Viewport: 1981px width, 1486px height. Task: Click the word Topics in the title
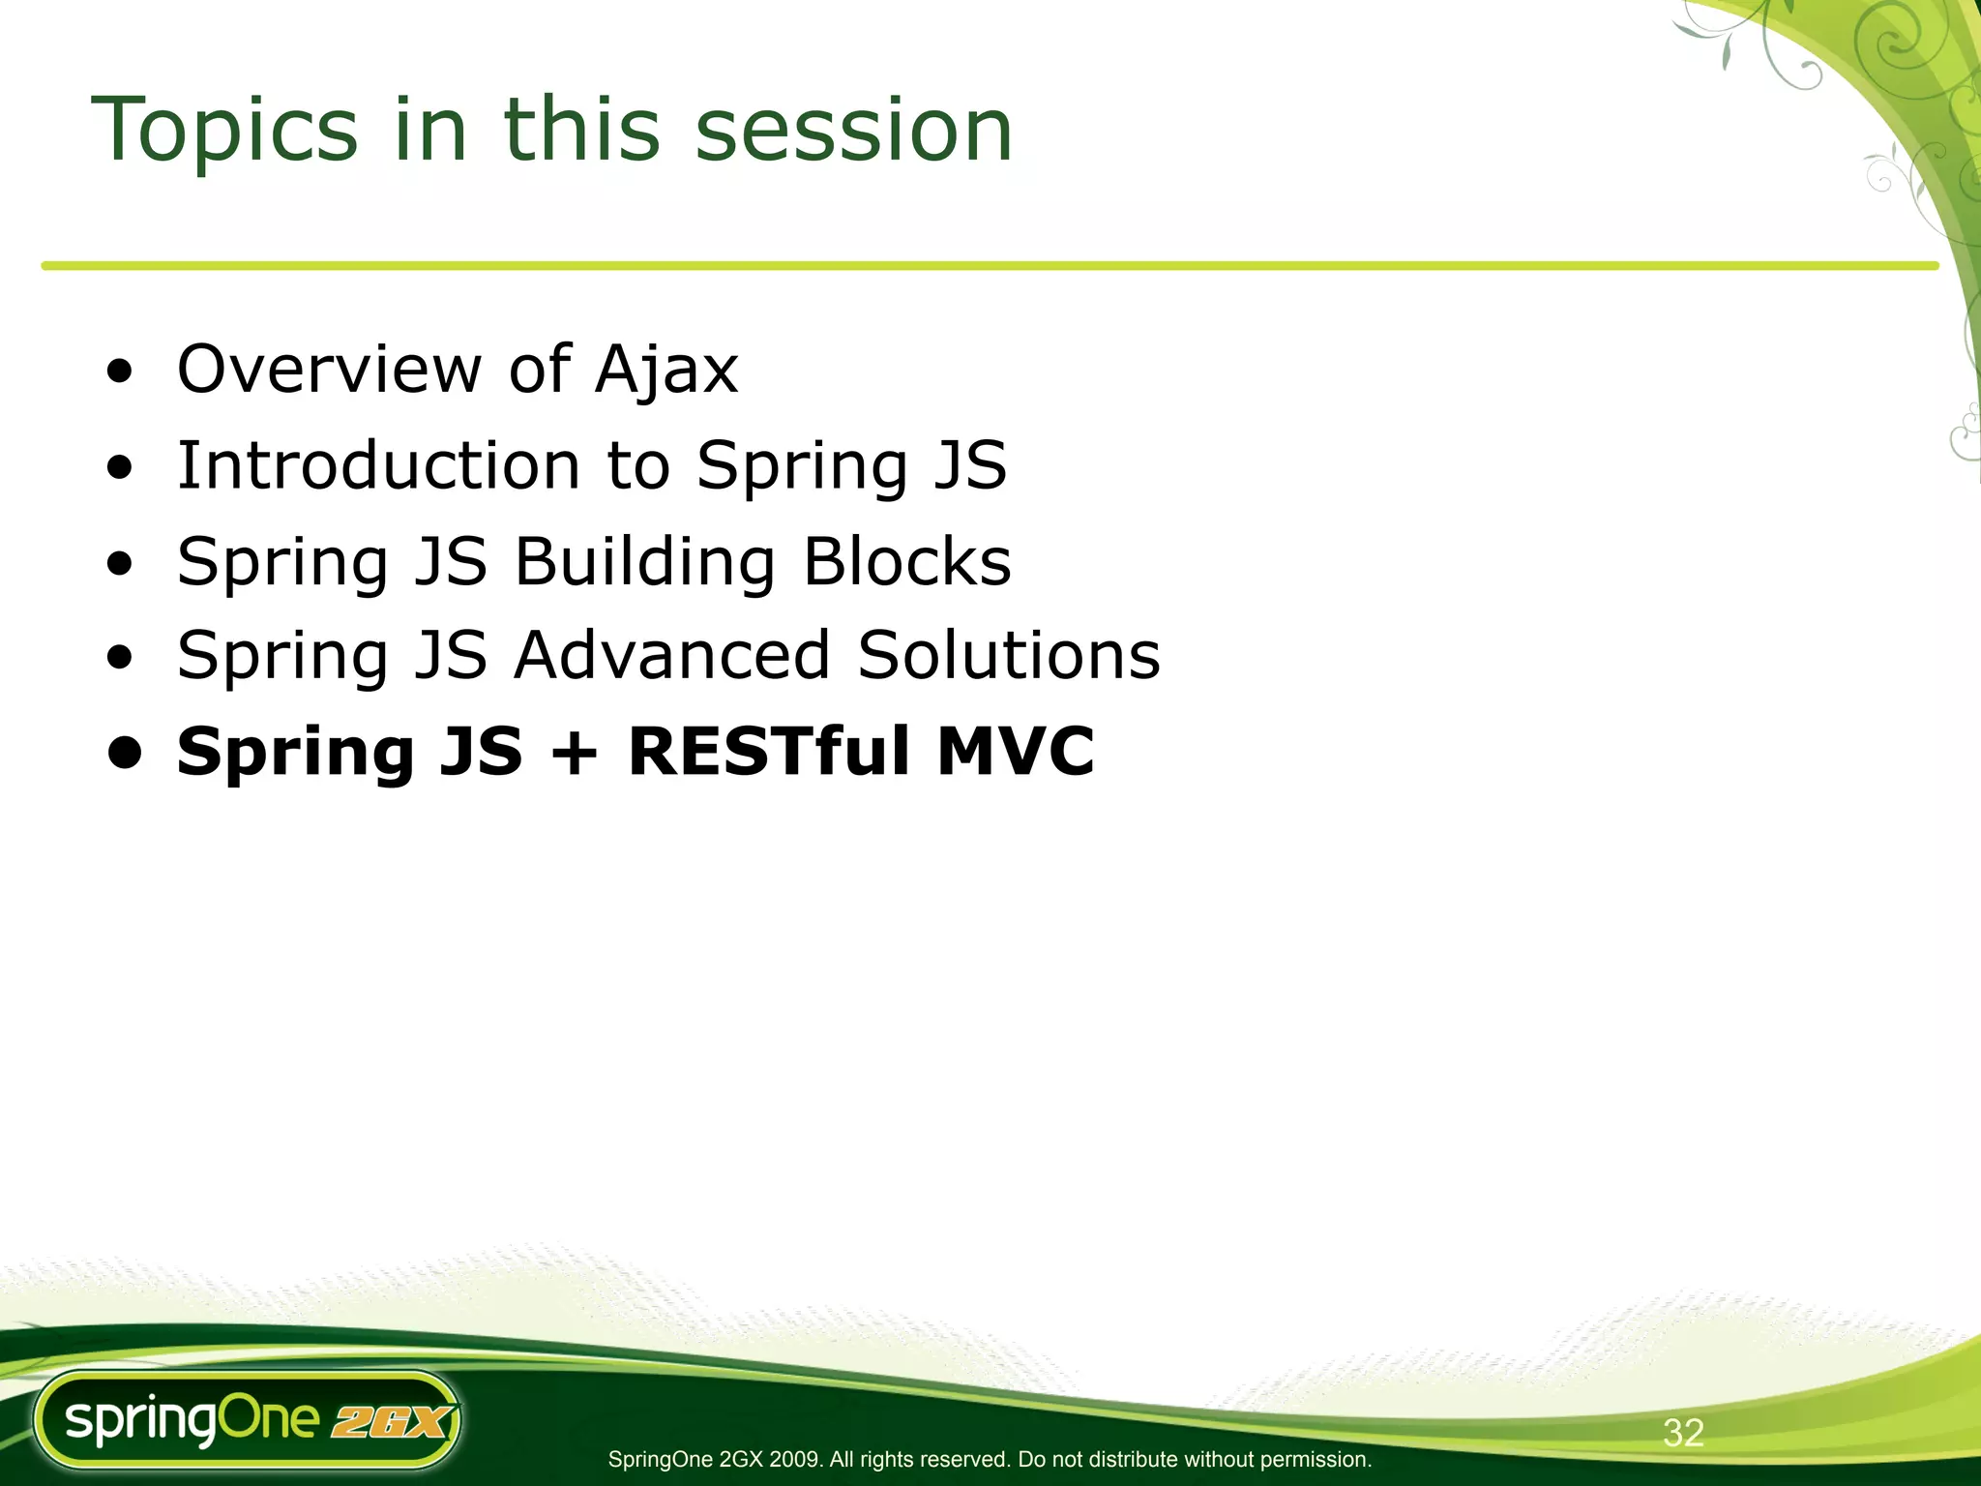[224, 131]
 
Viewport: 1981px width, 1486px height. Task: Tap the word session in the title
[853, 131]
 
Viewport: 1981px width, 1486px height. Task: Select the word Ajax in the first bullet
[666, 371]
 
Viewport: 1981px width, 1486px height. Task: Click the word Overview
[329, 371]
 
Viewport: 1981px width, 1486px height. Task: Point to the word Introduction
[378, 465]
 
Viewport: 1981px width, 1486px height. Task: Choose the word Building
[644, 563]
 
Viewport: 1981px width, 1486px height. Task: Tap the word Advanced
[671, 656]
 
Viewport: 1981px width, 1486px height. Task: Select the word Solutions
[1008, 656]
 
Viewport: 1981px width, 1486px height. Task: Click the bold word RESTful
[769, 752]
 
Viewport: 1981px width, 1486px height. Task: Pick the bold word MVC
[1015, 752]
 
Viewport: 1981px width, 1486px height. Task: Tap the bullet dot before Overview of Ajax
[120, 373]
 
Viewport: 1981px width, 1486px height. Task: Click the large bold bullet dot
[126, 753]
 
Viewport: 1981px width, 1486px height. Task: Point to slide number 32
[1682, 1433]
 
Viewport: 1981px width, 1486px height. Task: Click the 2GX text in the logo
[391, 1423]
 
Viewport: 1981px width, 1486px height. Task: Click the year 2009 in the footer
[796, 1460]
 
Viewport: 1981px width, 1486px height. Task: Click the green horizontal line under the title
[967, 265]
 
